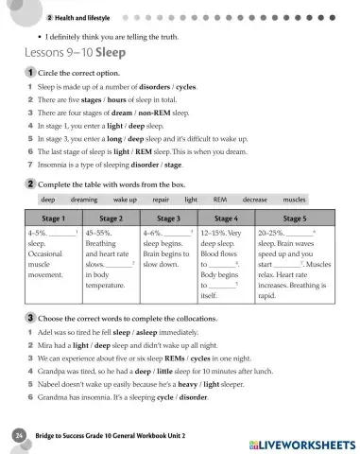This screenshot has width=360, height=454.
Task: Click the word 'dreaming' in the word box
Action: [84, 201]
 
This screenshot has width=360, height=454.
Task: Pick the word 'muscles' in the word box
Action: [294, 201]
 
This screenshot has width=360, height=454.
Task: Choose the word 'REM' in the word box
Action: [219, 201]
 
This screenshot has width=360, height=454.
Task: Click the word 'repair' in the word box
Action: [161, 201]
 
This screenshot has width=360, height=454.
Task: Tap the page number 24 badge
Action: [19, 434]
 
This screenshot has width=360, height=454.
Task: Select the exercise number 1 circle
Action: [31, 72]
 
